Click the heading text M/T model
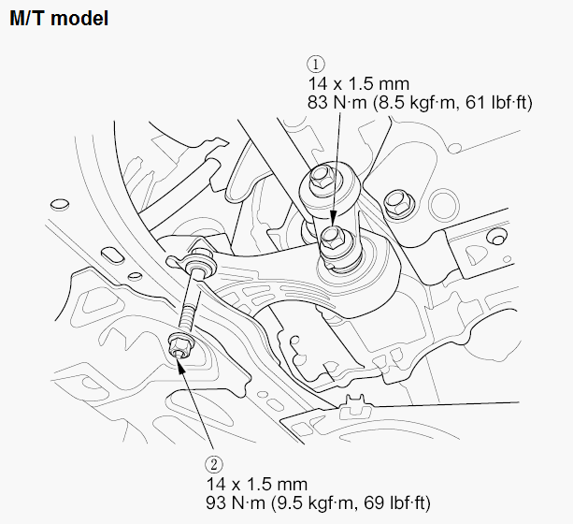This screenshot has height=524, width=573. (x=58, y=18)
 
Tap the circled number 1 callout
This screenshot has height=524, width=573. (x=316, y=65)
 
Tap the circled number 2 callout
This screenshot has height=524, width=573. (x=214, y=463)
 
